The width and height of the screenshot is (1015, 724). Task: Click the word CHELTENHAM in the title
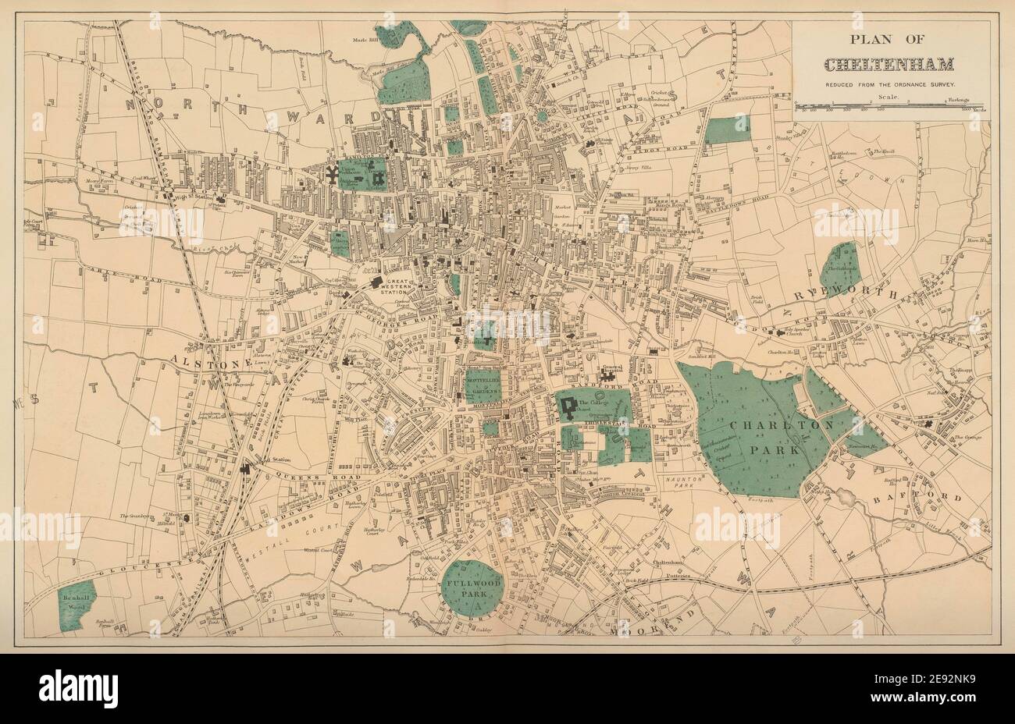click(x=890, y=64)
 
